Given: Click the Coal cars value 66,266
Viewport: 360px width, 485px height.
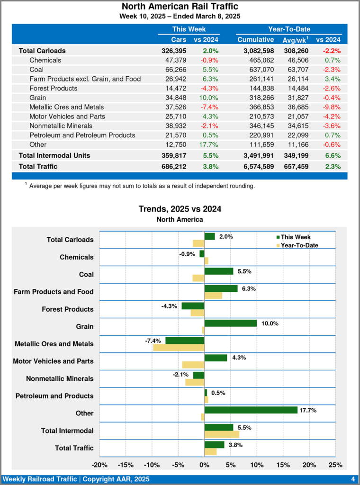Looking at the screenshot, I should pos(175,70).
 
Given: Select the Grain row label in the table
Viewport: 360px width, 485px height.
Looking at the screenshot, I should pos(38,98).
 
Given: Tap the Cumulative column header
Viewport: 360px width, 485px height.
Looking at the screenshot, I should pos(255,40).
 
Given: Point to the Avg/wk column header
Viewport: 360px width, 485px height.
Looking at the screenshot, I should pos(295,40).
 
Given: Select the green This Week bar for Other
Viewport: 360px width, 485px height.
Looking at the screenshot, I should pos(251,410).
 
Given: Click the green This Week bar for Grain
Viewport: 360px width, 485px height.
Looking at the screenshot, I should pos(230,323).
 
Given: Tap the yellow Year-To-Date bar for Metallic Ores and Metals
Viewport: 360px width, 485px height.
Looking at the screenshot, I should pos(179,348).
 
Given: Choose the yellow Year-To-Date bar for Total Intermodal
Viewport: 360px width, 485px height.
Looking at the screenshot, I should pos(222,434).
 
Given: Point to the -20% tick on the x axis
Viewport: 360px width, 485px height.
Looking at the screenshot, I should pos(99,465).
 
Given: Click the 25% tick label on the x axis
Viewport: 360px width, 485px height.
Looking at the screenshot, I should pos(335,465).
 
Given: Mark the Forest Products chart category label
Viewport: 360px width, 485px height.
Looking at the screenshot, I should pos(67,309).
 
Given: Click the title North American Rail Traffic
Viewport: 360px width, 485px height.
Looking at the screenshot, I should pos(180,7).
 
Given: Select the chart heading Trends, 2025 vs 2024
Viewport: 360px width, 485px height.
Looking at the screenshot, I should pos(180,209).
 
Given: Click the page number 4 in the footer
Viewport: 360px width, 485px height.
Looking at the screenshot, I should pos(353,479).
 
